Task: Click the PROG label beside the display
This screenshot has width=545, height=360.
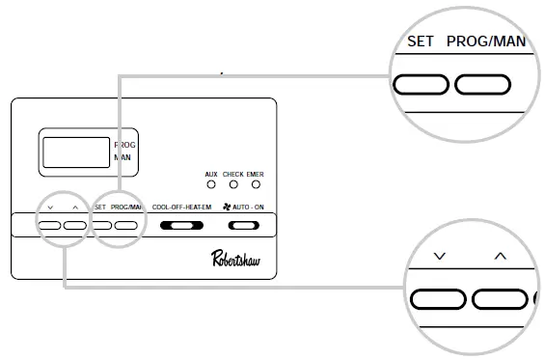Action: click(125, 145)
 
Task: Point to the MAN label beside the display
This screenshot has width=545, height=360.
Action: click(123, 156)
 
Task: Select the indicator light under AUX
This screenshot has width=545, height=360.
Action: click(211, 183)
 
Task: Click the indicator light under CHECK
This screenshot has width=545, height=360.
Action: click(232, 183)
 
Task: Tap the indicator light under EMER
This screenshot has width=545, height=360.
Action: click(255, 183)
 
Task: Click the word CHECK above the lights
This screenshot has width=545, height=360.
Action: click(232, 174)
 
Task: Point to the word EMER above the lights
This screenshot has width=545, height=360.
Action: click(255, 174)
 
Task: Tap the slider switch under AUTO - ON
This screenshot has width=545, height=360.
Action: click(244, 226)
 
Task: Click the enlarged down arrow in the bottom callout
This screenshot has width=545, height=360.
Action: click(440, 257)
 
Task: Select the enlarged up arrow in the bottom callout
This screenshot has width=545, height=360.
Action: click(500, 257)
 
